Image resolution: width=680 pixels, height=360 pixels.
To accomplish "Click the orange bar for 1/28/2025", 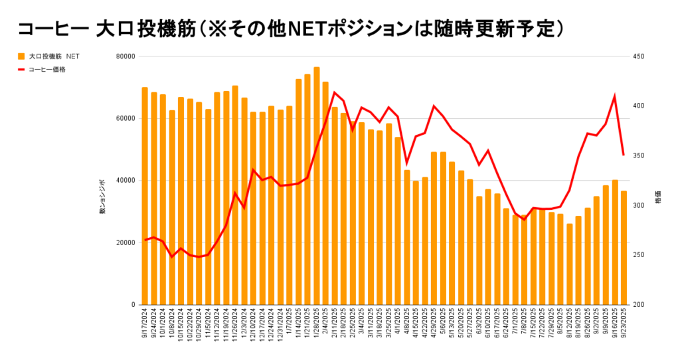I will (x=317, y=186).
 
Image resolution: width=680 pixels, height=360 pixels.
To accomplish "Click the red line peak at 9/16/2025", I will (x=614, y=96).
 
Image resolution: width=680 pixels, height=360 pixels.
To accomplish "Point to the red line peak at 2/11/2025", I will (x=334, y=92).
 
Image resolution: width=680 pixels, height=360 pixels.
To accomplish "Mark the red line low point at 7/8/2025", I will (x=524, y=220).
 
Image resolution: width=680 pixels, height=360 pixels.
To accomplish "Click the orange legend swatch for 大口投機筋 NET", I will (x=21, y=56).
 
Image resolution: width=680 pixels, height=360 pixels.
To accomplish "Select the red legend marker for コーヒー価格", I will (x=21, y=69).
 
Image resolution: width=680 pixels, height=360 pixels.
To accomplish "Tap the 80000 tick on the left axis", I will (x=125, y=56).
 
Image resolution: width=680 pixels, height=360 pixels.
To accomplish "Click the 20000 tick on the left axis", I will (x=125, y=242).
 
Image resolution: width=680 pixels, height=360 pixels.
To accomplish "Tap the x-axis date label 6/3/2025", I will (x=479, y=321).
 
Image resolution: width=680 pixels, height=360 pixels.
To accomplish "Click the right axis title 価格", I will (x=658, y=199).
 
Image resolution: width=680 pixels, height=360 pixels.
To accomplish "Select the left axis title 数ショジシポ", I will (x=102, y=197).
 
